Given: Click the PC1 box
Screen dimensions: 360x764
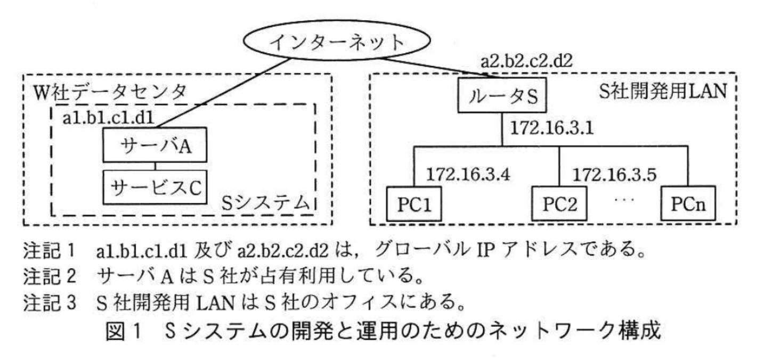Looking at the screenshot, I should click(414, 203).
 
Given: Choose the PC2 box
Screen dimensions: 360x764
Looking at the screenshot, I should click(559, 203).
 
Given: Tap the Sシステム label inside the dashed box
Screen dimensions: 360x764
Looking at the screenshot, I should click(266, 202).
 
